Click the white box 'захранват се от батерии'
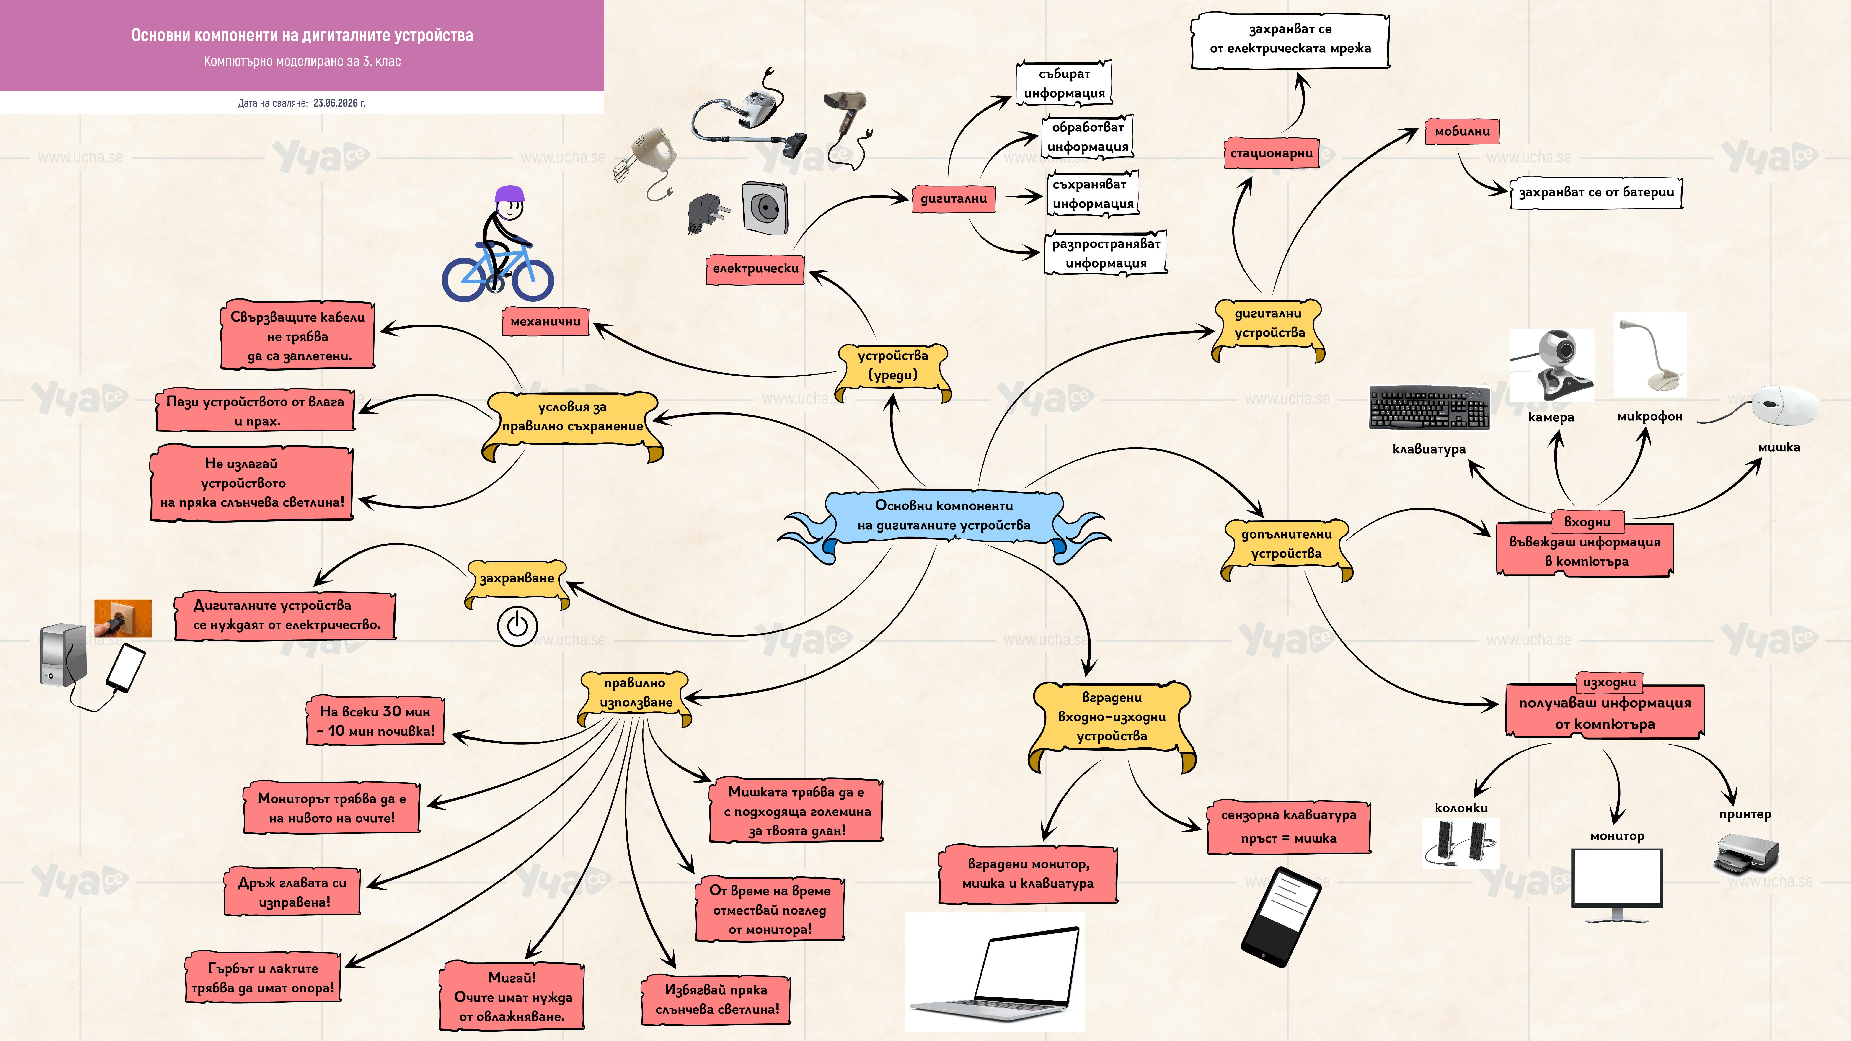1596,193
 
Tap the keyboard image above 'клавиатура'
1429,407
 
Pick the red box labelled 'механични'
545,321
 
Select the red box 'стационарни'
1271,153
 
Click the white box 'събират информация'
1064,83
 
